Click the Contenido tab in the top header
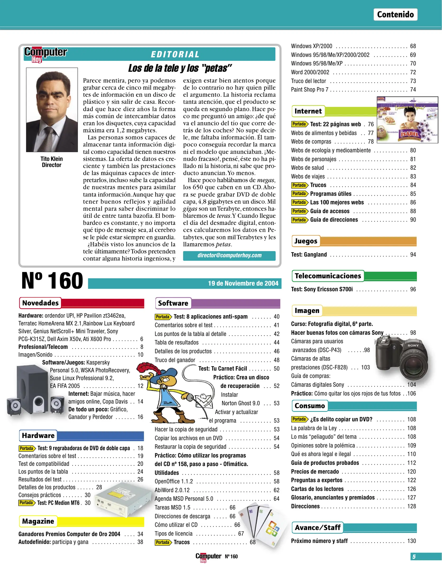click(x=395, y=14)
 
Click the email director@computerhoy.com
click(x=229, y=255)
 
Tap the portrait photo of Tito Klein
click(x=52, y=110)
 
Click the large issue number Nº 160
click(x=52, y=281)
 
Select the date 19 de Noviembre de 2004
click(x=243, y=283)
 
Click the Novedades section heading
click(x=40, y=303)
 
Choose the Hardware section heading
click(x=38, y=435)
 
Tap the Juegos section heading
click(x=306, y=241)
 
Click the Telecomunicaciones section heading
click(x=328, y=276)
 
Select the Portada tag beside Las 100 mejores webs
click(x=300, y=202)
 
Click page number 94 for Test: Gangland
click(x=413, y=255)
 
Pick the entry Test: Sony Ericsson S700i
click(x=322, y=289)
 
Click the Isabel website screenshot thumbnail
click(x=407, y=120)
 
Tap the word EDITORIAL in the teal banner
click(x=175, y=54)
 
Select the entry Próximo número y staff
click(x=319, y=541)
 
